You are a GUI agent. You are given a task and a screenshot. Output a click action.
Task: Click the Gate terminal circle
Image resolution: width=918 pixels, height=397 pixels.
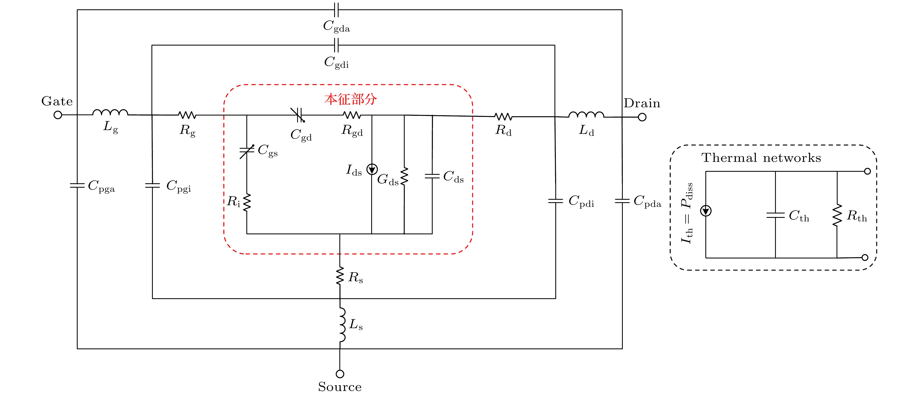(x=58, y=115)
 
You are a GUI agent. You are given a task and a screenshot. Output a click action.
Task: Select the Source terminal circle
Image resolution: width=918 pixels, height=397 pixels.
(x=340, y=374)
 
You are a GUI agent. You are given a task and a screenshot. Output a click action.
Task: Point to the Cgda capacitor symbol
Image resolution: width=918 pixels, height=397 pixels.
(x=336, y=10)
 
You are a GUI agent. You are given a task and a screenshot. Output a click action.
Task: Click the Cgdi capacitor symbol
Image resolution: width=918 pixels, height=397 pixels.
(x=336, y=45)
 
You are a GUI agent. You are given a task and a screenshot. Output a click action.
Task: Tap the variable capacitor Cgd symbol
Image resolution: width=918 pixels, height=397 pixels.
(x=298, y=115)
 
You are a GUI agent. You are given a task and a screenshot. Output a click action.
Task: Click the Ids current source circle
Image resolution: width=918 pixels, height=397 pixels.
(x=372, y=169)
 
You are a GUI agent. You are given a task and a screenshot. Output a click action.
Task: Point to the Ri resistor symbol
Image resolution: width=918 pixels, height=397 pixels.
(x=247, y=202)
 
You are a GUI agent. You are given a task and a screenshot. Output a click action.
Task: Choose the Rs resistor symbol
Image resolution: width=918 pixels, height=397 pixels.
(x=340, y=275)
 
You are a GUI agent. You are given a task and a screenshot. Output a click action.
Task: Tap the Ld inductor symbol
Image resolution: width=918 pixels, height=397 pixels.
(x=586, y=115)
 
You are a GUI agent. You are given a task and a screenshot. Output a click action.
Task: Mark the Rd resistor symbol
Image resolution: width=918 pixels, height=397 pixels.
(x=503, y=117)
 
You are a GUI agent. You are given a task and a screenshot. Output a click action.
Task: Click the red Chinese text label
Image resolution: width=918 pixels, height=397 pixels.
(x=351, y=99)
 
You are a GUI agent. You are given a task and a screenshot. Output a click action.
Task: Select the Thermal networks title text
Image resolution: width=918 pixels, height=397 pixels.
(x=761, y=157)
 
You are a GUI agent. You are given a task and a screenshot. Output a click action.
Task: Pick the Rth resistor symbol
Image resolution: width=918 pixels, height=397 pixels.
(x=837, y=215)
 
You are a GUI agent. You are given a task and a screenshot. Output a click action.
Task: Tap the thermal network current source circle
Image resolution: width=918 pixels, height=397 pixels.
(x=706, y=211)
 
